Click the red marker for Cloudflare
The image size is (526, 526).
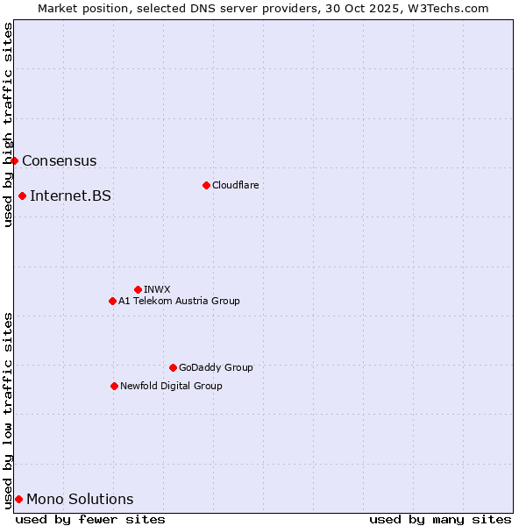point(206,185)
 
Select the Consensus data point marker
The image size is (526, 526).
point(14,160)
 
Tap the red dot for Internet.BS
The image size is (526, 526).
point(22,195)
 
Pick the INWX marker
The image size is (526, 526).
point(138,289)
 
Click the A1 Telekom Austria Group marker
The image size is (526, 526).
point(112,301)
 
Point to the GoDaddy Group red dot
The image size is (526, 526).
point(173,367)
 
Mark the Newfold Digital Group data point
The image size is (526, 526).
point(114,386)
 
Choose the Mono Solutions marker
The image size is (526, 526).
point(18,499)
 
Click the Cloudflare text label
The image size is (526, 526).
point(235,185)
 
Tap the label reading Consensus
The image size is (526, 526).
point(59,161)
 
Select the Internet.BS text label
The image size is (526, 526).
point(70,196)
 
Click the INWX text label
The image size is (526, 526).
point(157,289)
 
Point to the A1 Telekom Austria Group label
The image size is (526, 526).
point(179,301)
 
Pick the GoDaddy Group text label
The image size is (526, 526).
point(216,367)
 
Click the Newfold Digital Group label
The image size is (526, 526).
point(171,386)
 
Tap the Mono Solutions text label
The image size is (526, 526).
point(80,500)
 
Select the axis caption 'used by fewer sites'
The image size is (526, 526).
point(90,519)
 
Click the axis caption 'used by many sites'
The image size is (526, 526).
point(440,519)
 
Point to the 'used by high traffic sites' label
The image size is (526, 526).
point(8,124)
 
